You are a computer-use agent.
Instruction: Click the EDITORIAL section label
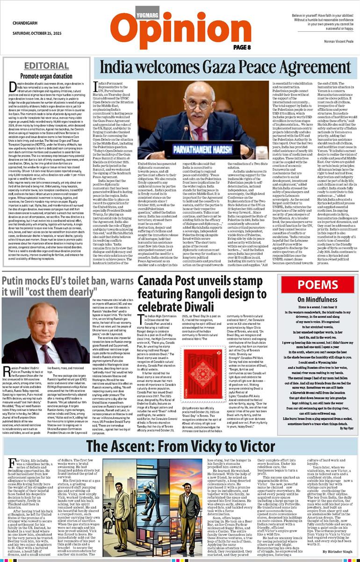tap(46, 65)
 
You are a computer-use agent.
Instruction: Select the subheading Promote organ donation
tap(46, 76)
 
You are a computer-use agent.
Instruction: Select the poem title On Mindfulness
tap(318, 299)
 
